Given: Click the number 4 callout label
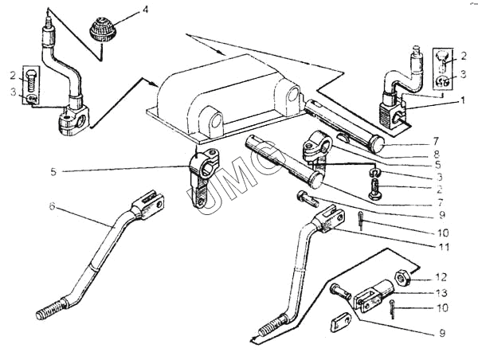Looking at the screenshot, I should [x=145, y=10].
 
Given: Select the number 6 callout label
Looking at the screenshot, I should [x=52, y=206].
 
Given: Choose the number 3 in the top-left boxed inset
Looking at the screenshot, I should [x=14, y=93].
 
